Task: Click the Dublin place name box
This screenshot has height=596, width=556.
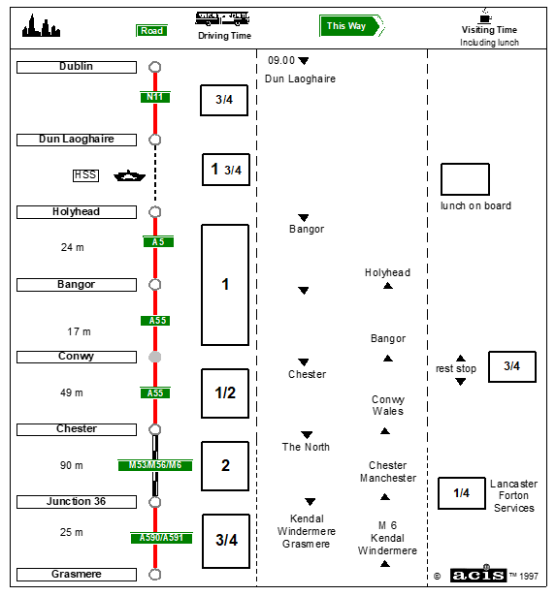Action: coord(77,67)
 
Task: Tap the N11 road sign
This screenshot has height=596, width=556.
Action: coord(155,97)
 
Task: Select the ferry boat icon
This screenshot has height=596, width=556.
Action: coord(129,176)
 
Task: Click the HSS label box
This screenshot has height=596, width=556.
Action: coord(85,175)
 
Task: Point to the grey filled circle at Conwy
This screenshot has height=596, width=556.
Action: coord(155,357)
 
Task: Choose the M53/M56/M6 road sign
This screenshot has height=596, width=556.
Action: coord(155,465)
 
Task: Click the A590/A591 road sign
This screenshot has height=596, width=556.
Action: coord(161,538)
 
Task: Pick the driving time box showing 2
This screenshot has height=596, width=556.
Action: coord(225,466)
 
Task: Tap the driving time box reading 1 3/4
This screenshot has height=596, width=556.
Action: coord(226,170)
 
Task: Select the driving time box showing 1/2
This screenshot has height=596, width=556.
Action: coord(225,393)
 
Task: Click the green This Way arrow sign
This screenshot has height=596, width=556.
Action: coord(351,26)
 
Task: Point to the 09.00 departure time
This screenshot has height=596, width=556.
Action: coord(281,60)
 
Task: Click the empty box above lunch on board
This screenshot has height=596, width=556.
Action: coord(465,179)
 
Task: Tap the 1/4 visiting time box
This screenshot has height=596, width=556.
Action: coord(462,493)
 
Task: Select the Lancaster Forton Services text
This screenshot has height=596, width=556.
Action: coord(513,495)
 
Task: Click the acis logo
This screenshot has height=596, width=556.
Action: coord(478,575)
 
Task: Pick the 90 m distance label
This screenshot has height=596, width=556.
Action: coord(71,465)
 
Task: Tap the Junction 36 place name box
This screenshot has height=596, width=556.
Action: coord(77,502)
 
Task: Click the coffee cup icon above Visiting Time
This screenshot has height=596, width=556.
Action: coord(485,16)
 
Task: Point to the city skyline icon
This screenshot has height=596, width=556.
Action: coord(41,26)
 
